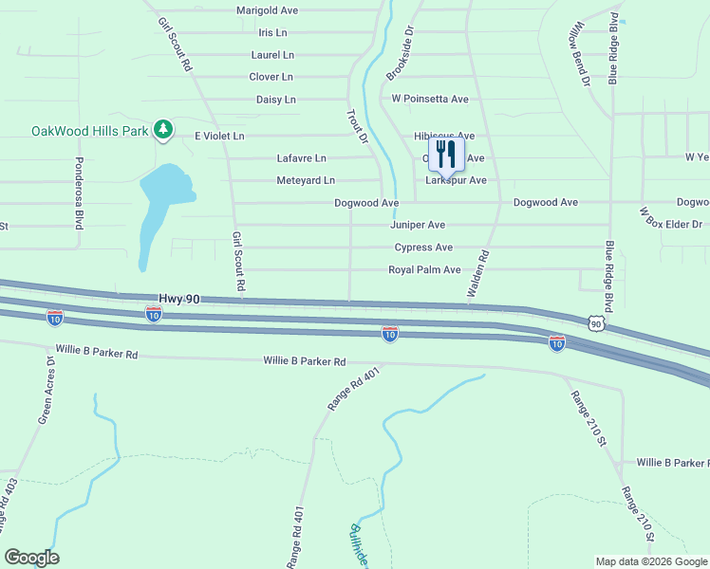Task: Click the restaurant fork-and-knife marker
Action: (x=446, y=156)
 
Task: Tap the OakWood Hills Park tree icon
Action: (x=163, y=129)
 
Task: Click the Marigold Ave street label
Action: (x=267, y=10)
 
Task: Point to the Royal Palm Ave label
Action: (x=424, y=270)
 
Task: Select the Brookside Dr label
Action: (x=401, y=53)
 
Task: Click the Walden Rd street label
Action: (x=476, y=275)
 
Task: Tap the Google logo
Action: (x=31, y=558)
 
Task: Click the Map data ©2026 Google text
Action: (x=650, y=561)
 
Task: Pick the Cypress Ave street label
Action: (x=423, y=248)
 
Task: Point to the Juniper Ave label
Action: (x=418, y=225)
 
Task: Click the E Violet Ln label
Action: (x=219, y=136)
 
